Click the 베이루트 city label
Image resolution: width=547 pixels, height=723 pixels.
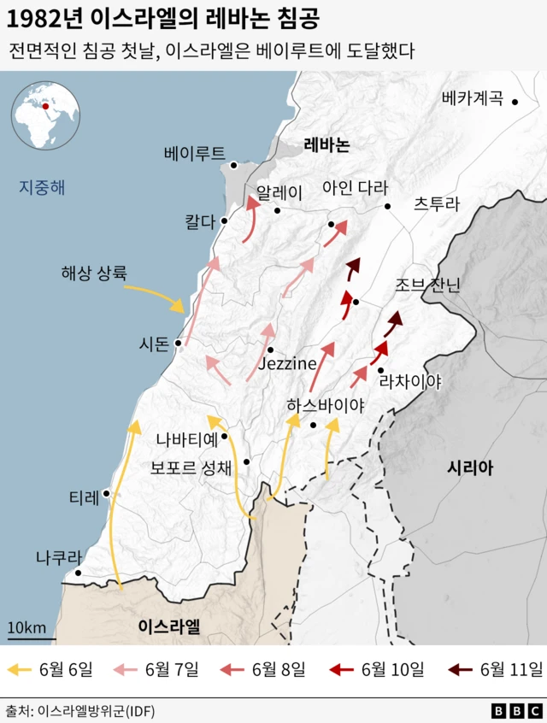pos(194,154)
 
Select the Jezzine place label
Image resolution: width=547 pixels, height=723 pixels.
pos(286,364)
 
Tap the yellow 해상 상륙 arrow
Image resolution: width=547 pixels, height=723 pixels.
pos(156,297)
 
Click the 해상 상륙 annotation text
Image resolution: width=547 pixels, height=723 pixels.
pos(93,273)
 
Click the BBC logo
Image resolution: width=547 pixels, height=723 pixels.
pos(516,710)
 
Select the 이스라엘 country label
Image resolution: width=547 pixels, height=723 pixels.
pos(169,626)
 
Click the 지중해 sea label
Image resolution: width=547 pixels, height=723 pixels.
pos(42,186)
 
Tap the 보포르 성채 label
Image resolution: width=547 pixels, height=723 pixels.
pos(191,467)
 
